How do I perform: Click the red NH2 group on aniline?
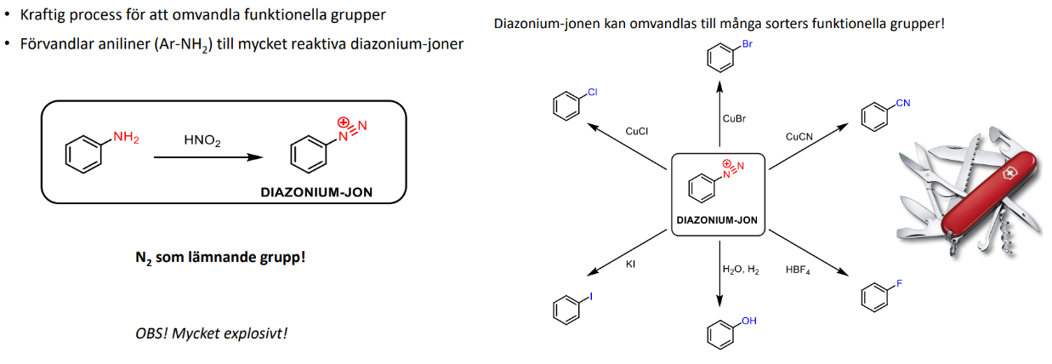126,137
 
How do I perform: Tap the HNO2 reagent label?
202,140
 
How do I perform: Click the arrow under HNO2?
208,157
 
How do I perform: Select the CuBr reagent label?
734,119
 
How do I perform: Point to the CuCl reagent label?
636,132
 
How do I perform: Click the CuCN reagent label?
799,137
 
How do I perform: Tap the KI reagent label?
630,264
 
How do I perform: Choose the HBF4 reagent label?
798,270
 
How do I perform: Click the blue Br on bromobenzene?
748,44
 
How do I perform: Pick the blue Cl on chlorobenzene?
593,92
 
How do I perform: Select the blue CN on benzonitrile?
903,103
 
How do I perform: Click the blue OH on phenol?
749,321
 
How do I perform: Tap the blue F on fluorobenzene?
900,283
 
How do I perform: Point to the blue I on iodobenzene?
591,296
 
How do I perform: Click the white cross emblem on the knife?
1009,174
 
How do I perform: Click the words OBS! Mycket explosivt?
211,333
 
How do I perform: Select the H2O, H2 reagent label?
741,270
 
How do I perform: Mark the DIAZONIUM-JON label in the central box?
717,220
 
